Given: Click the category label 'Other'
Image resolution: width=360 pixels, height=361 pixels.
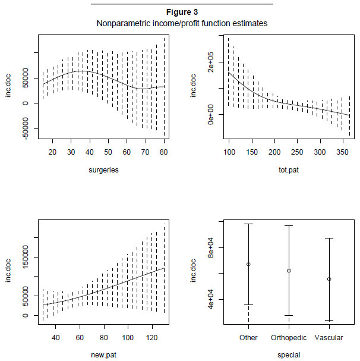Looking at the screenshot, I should click(x=248, y=338).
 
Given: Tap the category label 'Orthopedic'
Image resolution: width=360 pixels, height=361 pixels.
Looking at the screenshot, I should click(x=289, y=338).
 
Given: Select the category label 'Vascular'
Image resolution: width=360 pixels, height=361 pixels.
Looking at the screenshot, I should click(x=329, y=338).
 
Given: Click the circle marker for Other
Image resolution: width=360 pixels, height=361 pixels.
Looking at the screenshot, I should click(x=248, y=264).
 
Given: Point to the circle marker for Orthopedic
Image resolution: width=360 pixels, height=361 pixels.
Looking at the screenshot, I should click(x=289, y=271).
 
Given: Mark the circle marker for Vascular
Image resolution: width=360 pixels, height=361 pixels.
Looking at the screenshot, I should click(x=329, y=279).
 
